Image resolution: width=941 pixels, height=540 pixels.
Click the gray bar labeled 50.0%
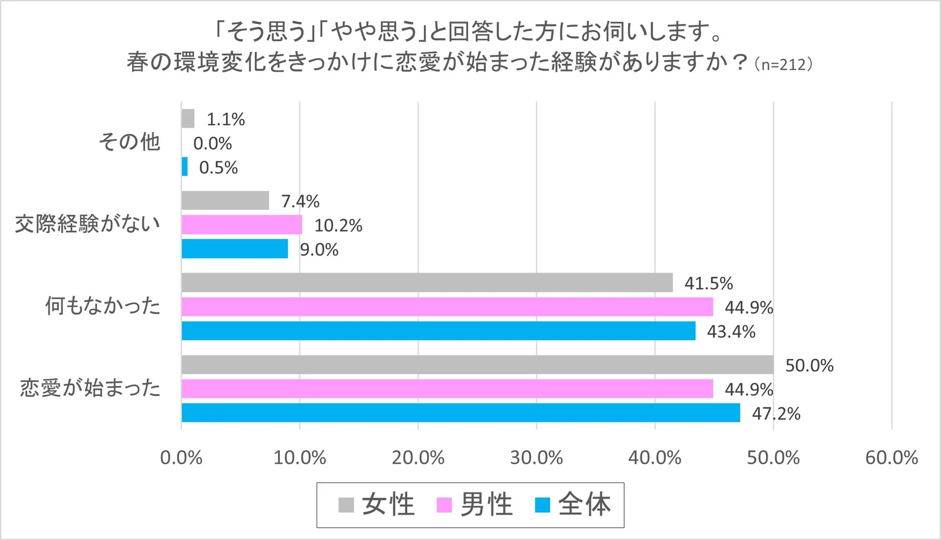477,365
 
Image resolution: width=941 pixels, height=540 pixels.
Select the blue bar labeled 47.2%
460,413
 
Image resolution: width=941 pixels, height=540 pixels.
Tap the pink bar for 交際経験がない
242,225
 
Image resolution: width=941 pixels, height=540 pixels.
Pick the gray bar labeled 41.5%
427,283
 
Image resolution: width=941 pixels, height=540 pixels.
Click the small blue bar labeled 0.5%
184,167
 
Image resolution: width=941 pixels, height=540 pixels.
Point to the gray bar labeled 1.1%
188,119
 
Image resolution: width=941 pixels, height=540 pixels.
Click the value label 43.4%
731,332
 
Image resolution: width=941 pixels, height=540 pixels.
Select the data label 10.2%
338,225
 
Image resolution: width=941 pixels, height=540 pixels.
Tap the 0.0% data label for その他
212,143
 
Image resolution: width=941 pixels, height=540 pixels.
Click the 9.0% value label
319,249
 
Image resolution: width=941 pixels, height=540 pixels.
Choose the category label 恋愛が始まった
90,388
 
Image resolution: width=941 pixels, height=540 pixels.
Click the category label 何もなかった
102,306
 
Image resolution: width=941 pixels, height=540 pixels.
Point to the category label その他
129,142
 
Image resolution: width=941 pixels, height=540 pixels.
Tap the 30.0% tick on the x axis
537,457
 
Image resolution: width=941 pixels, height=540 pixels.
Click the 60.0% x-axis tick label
891,457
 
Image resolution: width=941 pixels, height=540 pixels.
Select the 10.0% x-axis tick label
300,457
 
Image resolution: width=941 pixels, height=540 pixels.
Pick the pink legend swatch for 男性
444,505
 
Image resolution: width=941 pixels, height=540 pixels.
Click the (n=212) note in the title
783,64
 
